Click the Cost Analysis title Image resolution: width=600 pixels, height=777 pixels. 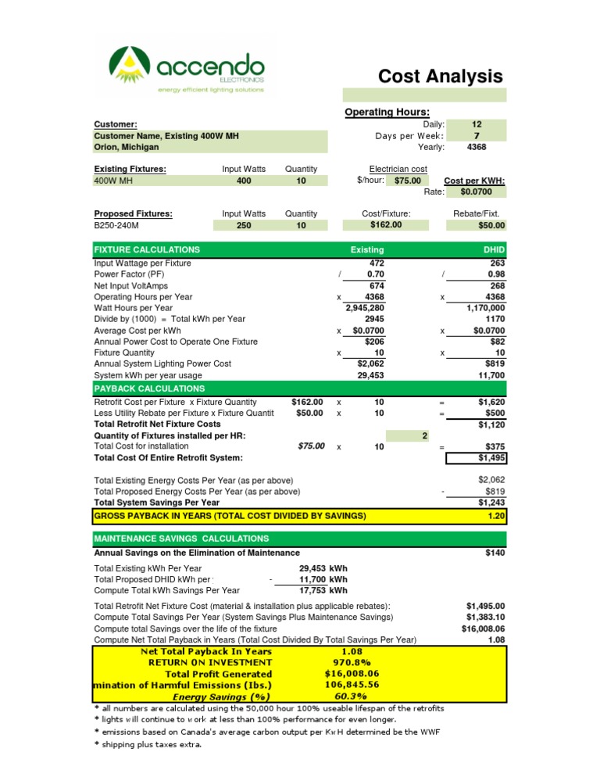(441, 76)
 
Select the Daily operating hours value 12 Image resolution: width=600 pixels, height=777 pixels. (477, 124)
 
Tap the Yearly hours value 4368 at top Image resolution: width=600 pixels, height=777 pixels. (477, 147)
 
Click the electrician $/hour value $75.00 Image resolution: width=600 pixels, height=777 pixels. (407, 181)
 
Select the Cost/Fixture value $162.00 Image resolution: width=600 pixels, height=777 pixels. (386, 225)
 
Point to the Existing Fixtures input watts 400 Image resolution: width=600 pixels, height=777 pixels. (244, 181)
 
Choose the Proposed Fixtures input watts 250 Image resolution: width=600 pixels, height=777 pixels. (244, 225)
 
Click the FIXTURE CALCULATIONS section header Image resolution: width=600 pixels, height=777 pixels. (147, 249)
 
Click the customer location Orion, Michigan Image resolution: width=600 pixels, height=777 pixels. (126, 147)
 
